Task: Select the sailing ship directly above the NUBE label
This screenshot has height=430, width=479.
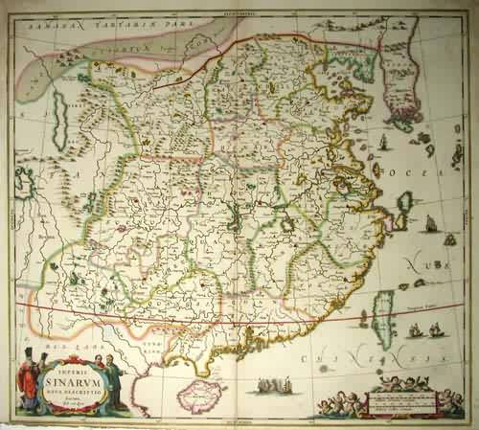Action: click(430, 226)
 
